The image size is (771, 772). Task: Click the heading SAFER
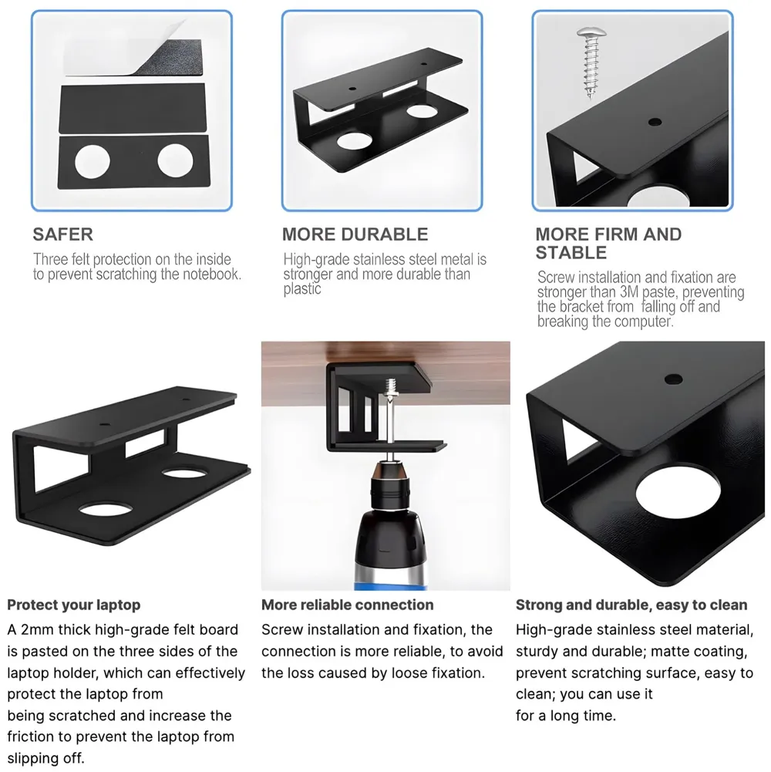[x=62, y=234]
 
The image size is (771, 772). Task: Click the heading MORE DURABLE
[x=355, y=234]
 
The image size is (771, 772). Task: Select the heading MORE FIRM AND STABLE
[x=608, y=243]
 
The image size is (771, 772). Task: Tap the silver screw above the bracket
[x=590, y=62]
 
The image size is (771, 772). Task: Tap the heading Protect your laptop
[x=74, y=605]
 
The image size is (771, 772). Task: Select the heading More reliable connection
[x=347, y=605]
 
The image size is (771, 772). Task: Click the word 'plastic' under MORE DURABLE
[x=302, y=289]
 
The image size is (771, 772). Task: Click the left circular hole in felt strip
[x=92, y=161]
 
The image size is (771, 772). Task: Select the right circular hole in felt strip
[x=175, y=160]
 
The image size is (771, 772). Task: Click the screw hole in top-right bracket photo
[x=655, y=122]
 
